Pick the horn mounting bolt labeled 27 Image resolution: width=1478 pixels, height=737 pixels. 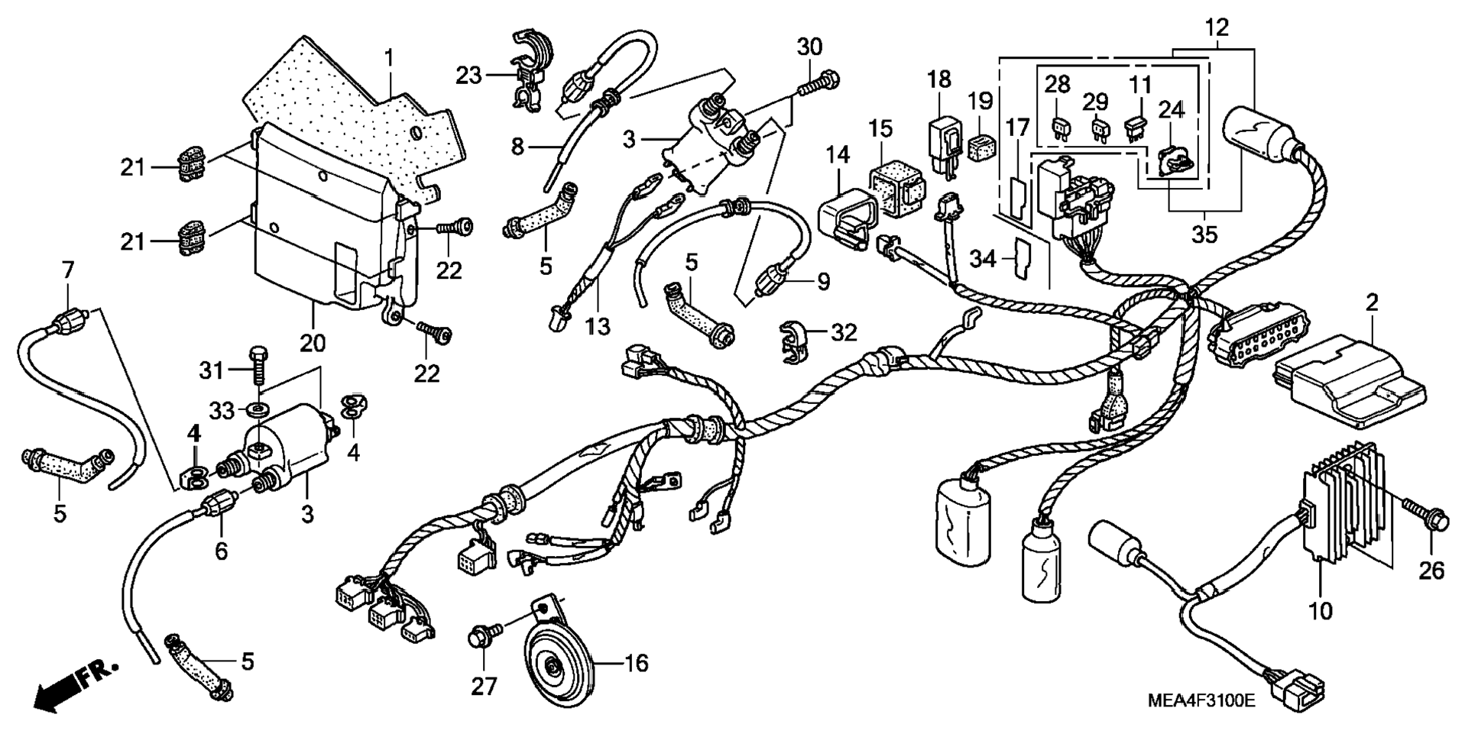(x=485, y=634)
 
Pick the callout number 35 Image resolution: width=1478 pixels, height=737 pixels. (x=1204, y=234)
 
